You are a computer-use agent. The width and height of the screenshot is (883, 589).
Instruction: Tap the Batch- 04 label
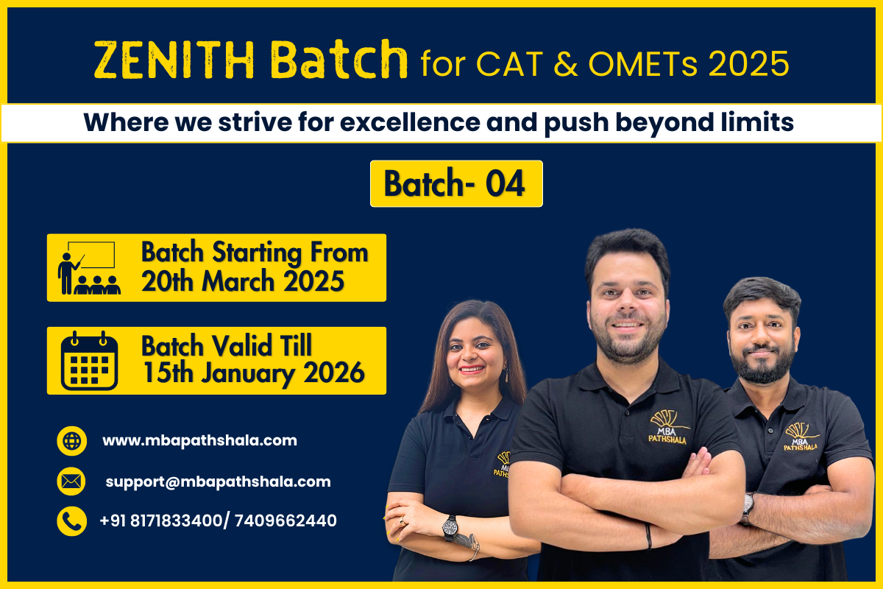pos(455,183)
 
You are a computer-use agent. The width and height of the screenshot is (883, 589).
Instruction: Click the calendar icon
pos(89,361)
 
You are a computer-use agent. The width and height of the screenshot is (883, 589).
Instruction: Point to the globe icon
pos(71,441)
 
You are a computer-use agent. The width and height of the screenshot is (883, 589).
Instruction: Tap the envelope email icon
pos(71,482)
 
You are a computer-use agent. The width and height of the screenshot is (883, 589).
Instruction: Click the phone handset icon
pos(71,521)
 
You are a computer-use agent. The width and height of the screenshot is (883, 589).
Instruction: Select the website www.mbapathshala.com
pos(199,441)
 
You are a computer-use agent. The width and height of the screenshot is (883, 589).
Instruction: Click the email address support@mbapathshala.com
pos(218,482)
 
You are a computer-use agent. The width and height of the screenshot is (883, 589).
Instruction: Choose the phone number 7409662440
pos(286,521)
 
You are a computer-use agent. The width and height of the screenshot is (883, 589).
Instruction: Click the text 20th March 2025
pos(242,281)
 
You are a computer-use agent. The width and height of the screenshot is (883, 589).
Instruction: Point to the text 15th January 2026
pos(252,373)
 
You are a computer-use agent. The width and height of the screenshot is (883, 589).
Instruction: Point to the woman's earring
pos(506,375)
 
